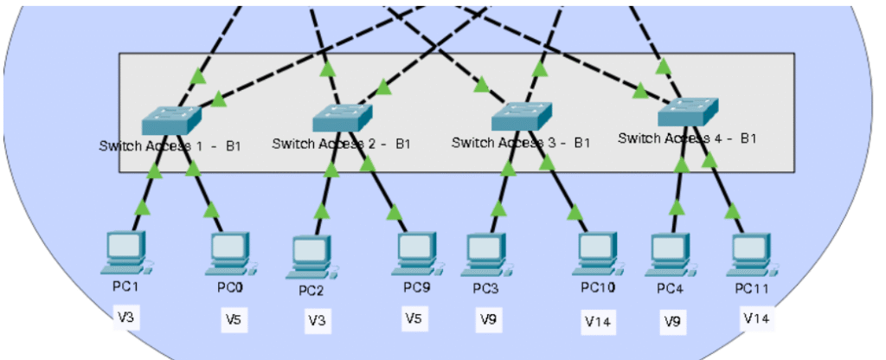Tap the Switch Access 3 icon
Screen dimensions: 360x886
520,115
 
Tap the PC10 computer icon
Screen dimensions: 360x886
598,253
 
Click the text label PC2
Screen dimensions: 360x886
311,289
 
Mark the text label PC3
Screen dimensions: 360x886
485,286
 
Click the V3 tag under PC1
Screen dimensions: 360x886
126,318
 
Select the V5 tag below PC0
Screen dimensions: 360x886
234,319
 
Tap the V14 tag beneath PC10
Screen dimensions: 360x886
598,322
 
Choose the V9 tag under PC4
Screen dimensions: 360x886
672,321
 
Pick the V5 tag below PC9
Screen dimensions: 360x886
414,318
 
